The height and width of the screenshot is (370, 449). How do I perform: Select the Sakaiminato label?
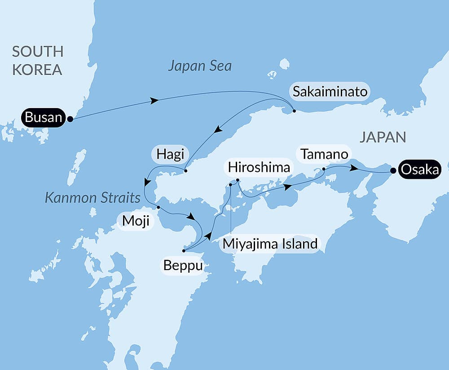click(x=330, y=92)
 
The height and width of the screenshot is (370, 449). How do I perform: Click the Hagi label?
click(x=170, y=155)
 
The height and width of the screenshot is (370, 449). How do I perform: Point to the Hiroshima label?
click(x=259, y=167)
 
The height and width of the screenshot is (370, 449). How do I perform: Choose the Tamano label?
click(x=325, y=154)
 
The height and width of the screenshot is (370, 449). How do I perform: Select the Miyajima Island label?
click(x=270, y=244)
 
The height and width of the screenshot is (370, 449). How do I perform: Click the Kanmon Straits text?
click(x=92, y=198)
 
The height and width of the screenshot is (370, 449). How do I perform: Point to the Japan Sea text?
click(x=200, y=66)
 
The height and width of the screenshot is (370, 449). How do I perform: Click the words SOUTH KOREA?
click(x=37, y=60)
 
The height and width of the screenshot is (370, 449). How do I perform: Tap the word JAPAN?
click(x=383, y=137)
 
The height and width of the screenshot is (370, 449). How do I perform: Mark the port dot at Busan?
click(x=70, y=119)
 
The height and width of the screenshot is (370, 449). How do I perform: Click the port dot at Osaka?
click(x=393, y=170)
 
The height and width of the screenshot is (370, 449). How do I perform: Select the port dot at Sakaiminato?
click(x=294, y=110)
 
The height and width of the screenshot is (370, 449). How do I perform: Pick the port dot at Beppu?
click(x=184, y=251)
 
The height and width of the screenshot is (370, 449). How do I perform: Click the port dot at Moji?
click(x=158, y=207)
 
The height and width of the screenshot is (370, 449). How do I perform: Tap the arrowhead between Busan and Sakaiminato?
click(x=154, y=101)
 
